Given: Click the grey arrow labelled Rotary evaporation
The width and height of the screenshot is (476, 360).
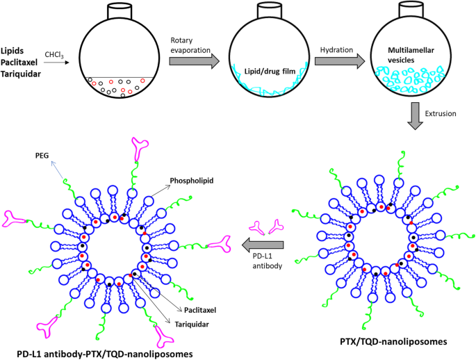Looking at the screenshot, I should coord(192,63).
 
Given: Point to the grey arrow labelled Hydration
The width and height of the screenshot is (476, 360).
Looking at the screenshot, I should coord(340,63).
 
